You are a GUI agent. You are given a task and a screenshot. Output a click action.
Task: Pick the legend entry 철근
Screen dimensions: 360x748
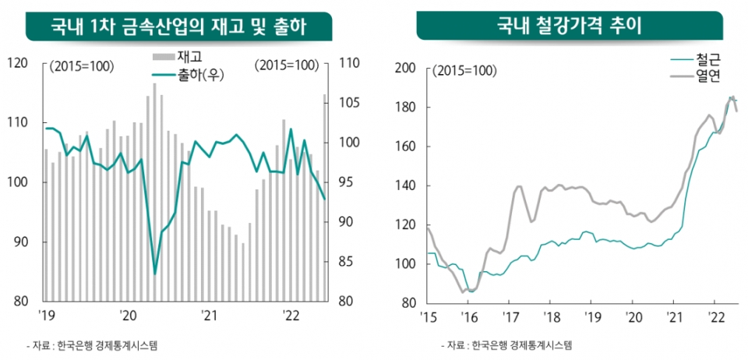click(707, 58)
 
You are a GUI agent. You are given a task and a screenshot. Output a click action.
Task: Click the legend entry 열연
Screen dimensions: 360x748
click(707, 75)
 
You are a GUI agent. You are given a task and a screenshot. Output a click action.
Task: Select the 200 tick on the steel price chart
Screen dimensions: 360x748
click(405, 69)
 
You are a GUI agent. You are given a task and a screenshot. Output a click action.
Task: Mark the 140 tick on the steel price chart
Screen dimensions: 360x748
click(405, 186)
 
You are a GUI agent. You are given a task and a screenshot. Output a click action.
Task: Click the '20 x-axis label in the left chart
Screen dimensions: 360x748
click(129, 316)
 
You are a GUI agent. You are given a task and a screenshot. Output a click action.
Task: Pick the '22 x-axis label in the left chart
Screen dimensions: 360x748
click(290, 316)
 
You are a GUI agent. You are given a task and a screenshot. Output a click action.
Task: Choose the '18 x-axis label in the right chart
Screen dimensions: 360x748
click(551, 316)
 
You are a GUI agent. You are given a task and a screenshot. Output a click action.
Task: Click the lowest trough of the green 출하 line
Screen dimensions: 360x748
click(155, 274)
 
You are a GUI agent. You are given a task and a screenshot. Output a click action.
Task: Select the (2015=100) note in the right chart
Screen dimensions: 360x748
click(466, 72)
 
